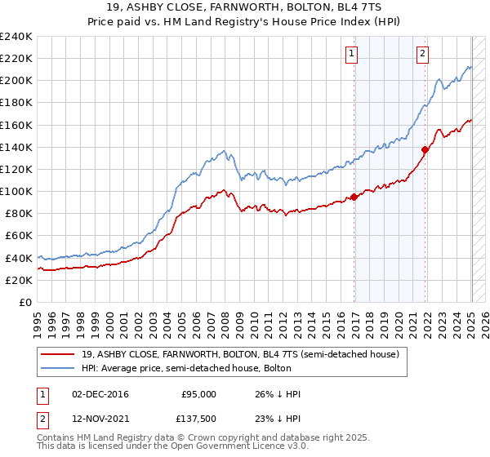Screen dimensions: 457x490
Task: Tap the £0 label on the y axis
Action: point(25,302)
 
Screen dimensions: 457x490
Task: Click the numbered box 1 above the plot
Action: point(351,55)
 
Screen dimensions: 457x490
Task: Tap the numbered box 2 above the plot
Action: point(422,55)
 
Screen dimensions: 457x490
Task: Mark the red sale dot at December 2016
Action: point(354,197)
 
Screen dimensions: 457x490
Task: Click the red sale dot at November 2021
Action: point(425,149)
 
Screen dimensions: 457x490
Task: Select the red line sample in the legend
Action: point(57,355)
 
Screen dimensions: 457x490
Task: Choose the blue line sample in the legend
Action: point(57,369)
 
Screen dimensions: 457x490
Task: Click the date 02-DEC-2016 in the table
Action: point(100,393)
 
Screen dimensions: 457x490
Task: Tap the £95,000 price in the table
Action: point(199,393)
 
